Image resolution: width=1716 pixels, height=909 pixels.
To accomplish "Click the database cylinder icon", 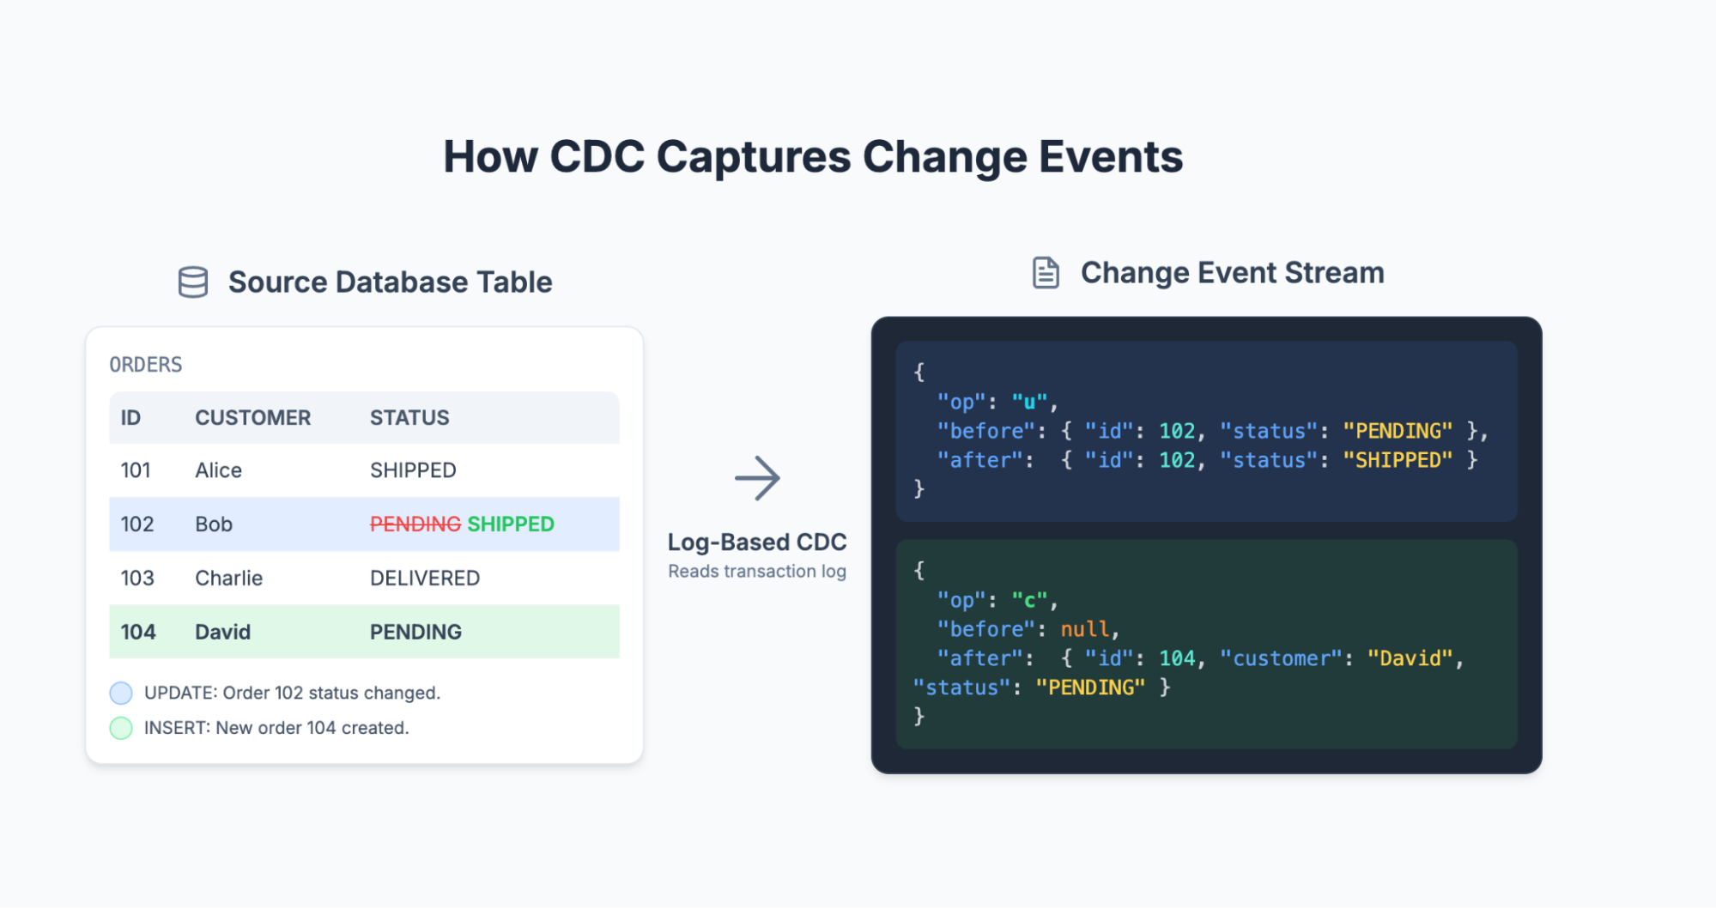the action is [x=192, y=282].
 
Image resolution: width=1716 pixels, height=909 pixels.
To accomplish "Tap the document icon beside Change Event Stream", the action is [x=1046, y=273].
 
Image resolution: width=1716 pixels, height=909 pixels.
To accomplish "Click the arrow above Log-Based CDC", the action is [x=757, y=478].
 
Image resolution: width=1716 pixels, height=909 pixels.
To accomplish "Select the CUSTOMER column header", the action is [x=252, y=418].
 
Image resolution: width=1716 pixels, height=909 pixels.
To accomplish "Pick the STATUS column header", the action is [x=409, y=418].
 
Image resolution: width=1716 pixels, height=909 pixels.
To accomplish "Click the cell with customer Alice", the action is [x=218, y=470].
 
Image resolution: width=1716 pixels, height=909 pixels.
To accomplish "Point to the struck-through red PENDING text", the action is [x=415, y=524].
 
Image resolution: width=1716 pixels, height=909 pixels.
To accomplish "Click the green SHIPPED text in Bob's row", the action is [x=511, y=524].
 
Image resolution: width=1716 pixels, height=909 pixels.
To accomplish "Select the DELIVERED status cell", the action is [x=425, y=579].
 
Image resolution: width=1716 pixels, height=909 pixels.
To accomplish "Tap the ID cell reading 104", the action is [x=138, y=633].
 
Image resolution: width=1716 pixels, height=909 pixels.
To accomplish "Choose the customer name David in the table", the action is [x=222, y=633].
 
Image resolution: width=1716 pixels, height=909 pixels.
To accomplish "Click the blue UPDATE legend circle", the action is [x=121, y=693].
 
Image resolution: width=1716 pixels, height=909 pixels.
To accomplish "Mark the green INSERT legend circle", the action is [x=121, y=728].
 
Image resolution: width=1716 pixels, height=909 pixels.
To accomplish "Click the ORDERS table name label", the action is [x=146, y=365].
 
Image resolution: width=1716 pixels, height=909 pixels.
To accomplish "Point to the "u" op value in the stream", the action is [x=1029, y=402].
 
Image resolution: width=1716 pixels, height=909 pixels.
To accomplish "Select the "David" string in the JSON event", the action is [x=1410, y=658].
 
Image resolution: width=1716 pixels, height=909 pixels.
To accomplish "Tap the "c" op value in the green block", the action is [x=1029, y=600].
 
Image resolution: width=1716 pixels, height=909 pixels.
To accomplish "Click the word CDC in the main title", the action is [x=597, y=157].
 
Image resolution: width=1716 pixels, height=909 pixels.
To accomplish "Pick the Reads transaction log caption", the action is [x=757, y=572].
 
